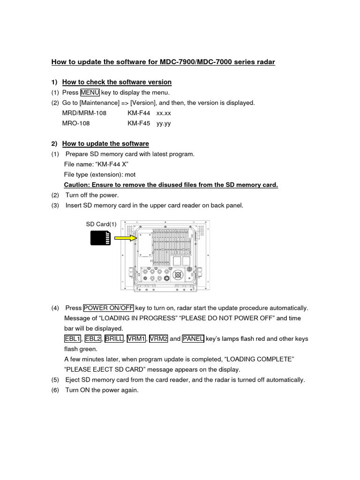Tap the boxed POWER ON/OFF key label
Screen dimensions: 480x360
pyautogui.click(x=108, y=308)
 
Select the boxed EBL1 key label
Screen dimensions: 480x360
pyautogui.click(x=73, y=338)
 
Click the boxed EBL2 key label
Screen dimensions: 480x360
pyautogui.click(x=93, y=338)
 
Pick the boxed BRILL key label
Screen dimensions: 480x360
pyautogui.click(x=114, y=338)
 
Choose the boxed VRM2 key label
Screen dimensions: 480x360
pyautogui.click(x=158, y=338)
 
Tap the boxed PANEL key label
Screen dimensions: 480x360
pyautogui.click(x=193, y=338)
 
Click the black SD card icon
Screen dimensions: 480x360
pyautogui.click(x=100, y=239)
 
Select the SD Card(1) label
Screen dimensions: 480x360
pyautogui.click(x=101, y=224)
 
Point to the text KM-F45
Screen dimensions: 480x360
pyautogui.click(x=139, y=123)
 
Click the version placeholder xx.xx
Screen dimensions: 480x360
pyautogui.click(x=164, y=113)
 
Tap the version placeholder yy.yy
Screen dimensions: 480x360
pyautogui.click(x=164, y=123)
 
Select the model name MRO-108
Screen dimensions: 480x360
pyautogui.click(x=76, y=123)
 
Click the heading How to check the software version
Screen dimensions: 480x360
pyautogui.click(x=117, y=82)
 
